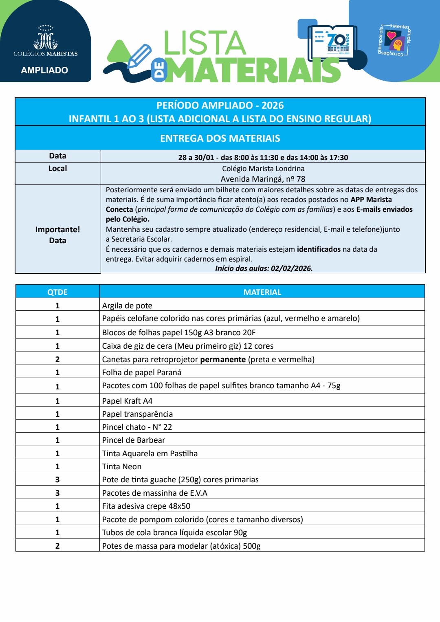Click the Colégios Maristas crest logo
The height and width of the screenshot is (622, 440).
click(x=45, y=38)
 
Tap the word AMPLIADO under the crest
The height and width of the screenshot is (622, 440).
click(x=44, y=70)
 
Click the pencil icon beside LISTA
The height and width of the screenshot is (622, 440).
click(x=139, y=56)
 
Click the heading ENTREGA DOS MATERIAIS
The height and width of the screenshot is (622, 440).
click(x=220, y=138)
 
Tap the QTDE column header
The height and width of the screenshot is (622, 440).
click(x=57, y=292)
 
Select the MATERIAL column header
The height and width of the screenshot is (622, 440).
click(x=262, y=292)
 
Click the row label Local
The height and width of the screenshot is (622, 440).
click(x=57, y=169)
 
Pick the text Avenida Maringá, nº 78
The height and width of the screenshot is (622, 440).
click(x=263, y=179)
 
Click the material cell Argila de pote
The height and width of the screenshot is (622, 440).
click(x=127, y=306)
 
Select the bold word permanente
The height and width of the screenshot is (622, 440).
click(x=223, y=359)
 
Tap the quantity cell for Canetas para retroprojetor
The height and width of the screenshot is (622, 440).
click(x=57, y=359)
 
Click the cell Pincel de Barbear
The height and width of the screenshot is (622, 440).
click(x=134, y=440)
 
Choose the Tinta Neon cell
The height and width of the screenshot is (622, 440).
click(x=122, y=466)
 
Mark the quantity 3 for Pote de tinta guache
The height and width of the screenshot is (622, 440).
click(x=57, y=479)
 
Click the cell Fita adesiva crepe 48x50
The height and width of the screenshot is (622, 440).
click(x=146, y=506)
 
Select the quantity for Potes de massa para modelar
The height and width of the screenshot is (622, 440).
click(x=57, y=546)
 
